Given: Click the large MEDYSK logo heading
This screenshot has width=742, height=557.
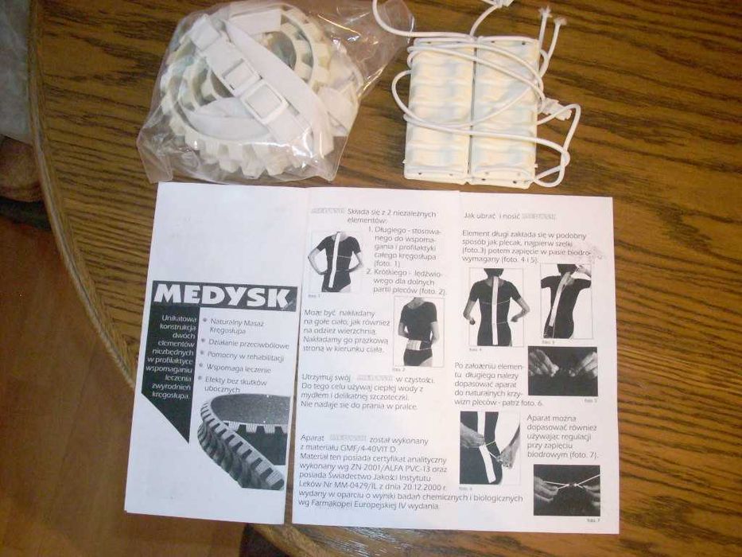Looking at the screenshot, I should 221,295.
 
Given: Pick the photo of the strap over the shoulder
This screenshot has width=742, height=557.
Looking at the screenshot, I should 565,302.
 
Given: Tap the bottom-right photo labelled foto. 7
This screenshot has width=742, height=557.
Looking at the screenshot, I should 565,491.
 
